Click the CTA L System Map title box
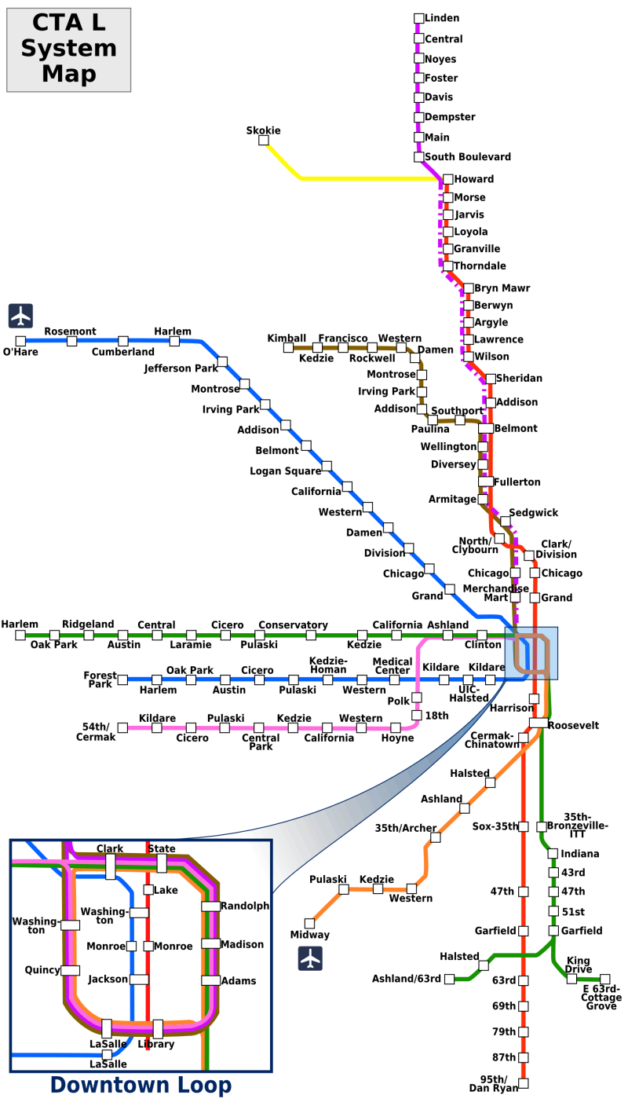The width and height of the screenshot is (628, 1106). coord(68,49)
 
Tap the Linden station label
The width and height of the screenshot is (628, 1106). coord(442,18)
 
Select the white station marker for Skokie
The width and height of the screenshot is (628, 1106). coord(264,141)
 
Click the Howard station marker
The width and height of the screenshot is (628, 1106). coord(447,179)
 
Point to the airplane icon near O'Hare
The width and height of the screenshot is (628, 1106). coord(20,316)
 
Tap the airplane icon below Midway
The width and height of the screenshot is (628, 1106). coord(311,958)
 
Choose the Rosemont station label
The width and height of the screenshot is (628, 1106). coord(71,331)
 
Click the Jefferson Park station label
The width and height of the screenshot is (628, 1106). coord(181,368)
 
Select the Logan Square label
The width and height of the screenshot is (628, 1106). coord(286,471)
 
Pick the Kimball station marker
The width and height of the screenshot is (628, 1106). coord(288,347)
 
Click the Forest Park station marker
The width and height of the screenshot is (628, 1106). coord(122,679)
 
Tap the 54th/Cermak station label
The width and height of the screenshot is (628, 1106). coord(96,732)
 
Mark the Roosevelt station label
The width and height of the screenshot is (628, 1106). coord(574,726)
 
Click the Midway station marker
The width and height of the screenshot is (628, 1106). coord(309,923)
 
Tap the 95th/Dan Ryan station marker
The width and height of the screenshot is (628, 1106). coord(524,1083)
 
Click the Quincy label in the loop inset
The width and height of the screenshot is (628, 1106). coord(42,970)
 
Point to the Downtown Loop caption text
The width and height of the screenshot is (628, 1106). coord(141,1086)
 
